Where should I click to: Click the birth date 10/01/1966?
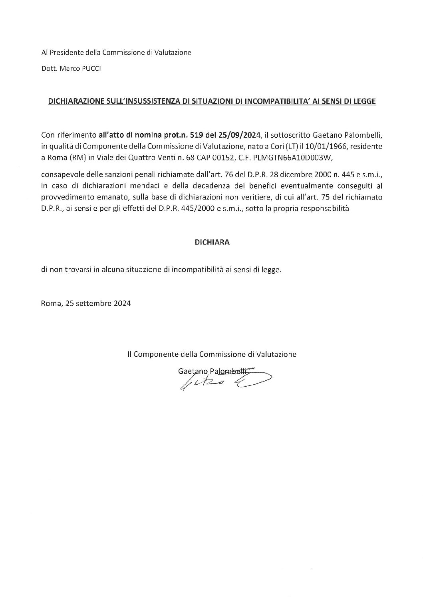[x=323, y=147]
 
